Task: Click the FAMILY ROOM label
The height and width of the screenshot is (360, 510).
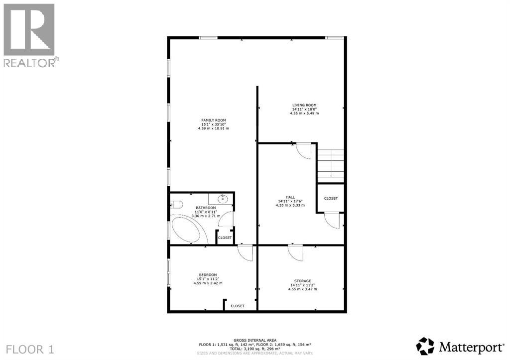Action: [x=213, y=120]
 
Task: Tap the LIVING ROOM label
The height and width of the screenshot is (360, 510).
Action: [x=304, y=105]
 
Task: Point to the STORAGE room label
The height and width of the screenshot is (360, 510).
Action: [x=301, y=281]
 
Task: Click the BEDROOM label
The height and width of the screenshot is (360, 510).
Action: [x=208, y=275]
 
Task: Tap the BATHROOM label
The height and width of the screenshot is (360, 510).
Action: [x=206, y=208]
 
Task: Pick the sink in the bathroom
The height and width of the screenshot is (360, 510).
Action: [x=224, y=199]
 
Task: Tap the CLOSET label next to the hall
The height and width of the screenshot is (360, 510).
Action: [x=331, y=198]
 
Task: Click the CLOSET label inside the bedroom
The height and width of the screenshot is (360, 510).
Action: [x=238, y=306]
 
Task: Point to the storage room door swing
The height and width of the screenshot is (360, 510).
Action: [x=295, y=252]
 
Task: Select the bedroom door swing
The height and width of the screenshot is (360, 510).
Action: [x=245, y=252]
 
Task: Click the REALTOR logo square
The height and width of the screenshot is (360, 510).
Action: [x=29, y=30]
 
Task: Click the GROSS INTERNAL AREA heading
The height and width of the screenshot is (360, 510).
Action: [x=255, y=340]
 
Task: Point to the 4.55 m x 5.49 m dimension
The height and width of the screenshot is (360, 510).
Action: [x=304, y=114]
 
